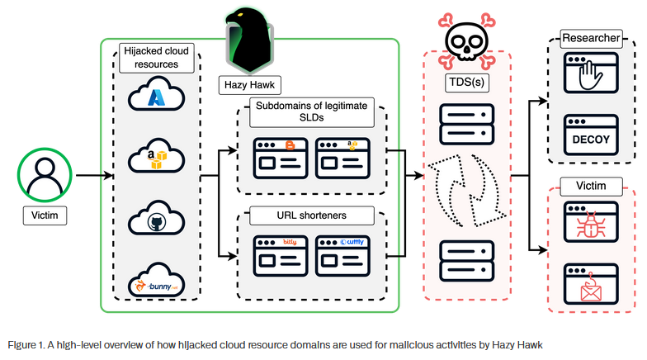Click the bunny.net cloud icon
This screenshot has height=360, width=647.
tap(156, 284)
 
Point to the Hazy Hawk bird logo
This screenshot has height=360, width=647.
tap(249, 41)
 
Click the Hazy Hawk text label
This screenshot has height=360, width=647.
tap(249, 84)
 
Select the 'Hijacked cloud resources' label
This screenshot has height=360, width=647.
tap(156, 58)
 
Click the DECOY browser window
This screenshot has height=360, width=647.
tap(591, 135)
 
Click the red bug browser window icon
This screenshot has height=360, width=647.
tap(591, 222)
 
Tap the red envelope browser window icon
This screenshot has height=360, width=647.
tap(591, 282)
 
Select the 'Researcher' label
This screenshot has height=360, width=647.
tap(591, 38)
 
